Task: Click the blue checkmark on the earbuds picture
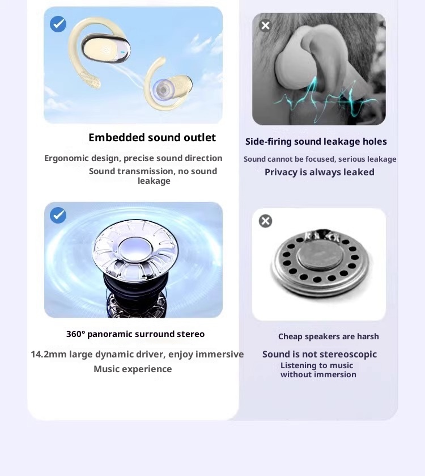point(58,24)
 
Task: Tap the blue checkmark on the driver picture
point(58,215)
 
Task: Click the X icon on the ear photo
point(265,26)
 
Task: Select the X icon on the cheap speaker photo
point(265,221)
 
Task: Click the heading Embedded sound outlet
point(152,137)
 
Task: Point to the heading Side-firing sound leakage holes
point(316,141)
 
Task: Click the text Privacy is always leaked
point(320,172)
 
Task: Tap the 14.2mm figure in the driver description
point(49,354)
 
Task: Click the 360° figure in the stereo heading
point(75,334)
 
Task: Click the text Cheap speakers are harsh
point(329,336)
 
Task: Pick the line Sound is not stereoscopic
point(320,354)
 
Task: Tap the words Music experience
point(133,369)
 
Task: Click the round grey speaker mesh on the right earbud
point(163,90)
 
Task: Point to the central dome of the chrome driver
point(135,250)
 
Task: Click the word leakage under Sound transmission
point(154,181)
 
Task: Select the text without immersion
point(318,374)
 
